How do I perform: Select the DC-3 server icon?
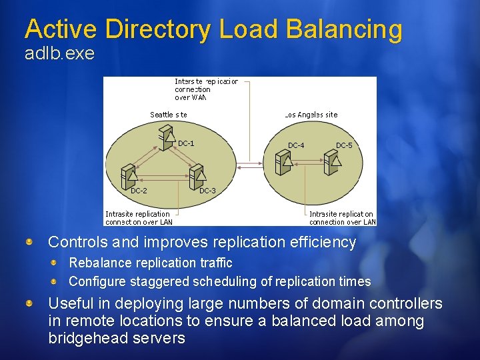196,176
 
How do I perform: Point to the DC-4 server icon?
285,159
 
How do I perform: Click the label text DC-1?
186,143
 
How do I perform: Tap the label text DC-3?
207,191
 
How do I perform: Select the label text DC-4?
296,145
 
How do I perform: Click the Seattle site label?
168,115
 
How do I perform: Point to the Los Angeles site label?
311,115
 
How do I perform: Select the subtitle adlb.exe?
59,54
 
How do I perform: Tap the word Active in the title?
62,29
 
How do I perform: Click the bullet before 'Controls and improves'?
30,241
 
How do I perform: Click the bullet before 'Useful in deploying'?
30,303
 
